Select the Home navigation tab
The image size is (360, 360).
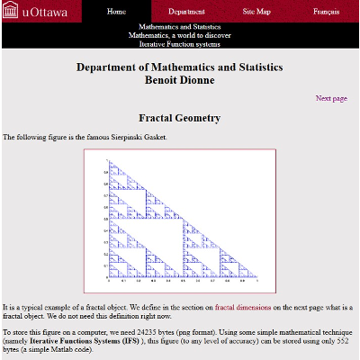tap(116, 13)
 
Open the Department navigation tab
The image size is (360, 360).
tap(186, 13)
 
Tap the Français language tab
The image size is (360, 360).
tap(326, 13)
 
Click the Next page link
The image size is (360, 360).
tap(331, 98)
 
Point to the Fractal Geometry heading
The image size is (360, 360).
tap(179, 118)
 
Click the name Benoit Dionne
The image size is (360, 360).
tap(179, 80)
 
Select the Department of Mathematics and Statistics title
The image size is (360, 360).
tap(179, 67)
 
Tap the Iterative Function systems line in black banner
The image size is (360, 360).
tap(179, 44)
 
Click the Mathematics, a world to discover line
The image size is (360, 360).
tap(179, 35)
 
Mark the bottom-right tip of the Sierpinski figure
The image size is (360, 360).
tap(257, 277)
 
